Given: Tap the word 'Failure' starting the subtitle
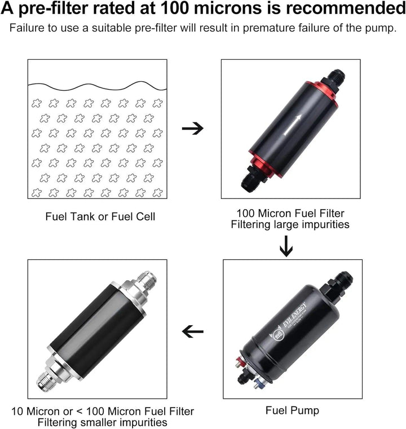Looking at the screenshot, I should pyautogui.click(x=26, y=29).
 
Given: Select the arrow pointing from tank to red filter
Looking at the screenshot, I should pyautogui.click(x=193, y=129).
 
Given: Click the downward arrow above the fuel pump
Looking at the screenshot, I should pyautogui.click(x=286, y=246).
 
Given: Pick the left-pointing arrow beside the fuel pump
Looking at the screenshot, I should pyautogui.click(x=193, y=332).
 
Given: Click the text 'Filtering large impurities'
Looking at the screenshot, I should pyautogui.click(x=290, y=224).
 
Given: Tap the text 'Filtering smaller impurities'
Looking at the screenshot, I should pyautogui.click(x=102, y=422).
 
